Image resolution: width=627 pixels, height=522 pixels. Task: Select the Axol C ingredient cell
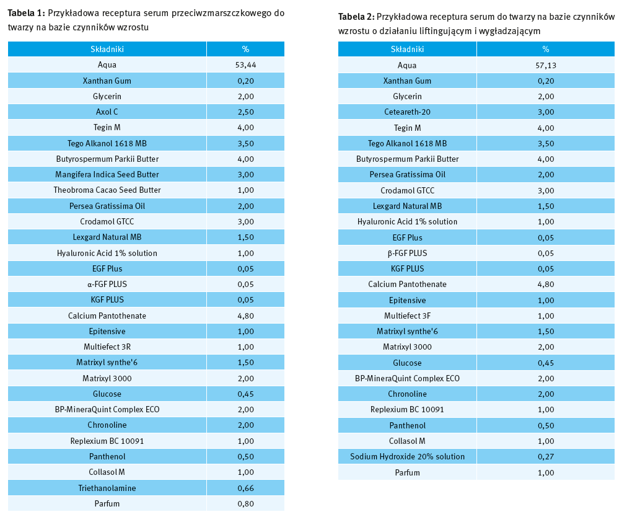click(x=107, y=112)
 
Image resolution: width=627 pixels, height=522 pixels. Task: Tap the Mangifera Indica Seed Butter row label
click(x=107, y=174)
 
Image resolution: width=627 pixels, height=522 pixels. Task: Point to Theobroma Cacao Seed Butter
click(x=107, y=190)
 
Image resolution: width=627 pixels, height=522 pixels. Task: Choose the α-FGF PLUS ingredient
click(x=107, y=284)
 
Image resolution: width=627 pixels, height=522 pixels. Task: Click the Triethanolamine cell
click(x=107, y=488)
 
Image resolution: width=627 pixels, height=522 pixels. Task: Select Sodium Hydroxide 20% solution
click(x=407, y=456)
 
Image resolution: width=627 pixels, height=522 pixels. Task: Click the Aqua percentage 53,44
click(x=245, y=64)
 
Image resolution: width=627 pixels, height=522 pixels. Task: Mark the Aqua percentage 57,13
click(x=545, y=64)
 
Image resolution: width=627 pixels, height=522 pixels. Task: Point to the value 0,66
click(x=245, y=488)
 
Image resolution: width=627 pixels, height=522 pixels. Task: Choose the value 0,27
click(x=545, y=456)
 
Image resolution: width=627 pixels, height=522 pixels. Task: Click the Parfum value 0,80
click(x=245, y=503)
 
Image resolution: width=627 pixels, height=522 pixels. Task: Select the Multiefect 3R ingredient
click(x=107, y=347)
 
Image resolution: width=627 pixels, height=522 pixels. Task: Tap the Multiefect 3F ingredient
click(x=407, y=316)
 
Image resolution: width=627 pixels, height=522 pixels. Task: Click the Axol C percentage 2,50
click(x=245, y=112)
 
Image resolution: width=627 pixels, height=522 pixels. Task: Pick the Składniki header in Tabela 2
click(x=407, y=49)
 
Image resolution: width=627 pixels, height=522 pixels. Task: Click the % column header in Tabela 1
click(x=245, y=49)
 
